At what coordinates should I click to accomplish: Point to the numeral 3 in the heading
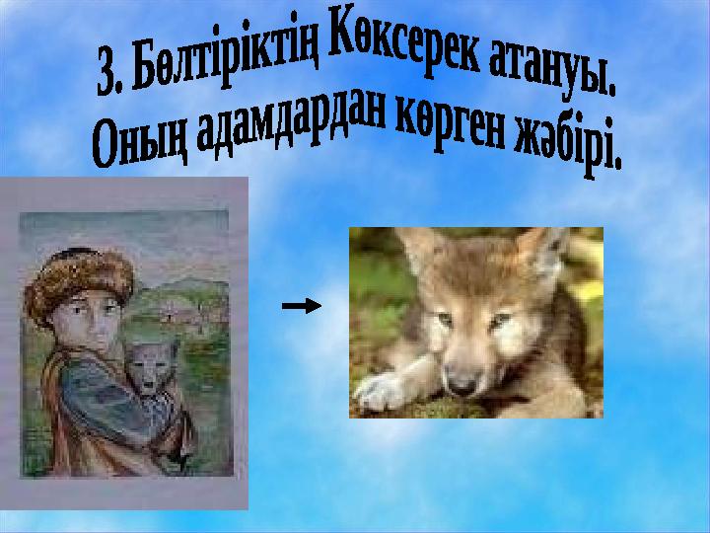coord(106,76)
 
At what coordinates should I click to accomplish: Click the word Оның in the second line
coord(139,142)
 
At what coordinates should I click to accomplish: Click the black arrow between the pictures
coord(302,306)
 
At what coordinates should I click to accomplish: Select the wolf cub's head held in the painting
coord(153,367)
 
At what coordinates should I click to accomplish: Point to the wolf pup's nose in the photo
coord(462,385)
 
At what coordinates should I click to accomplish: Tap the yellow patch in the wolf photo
coord(589,291)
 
